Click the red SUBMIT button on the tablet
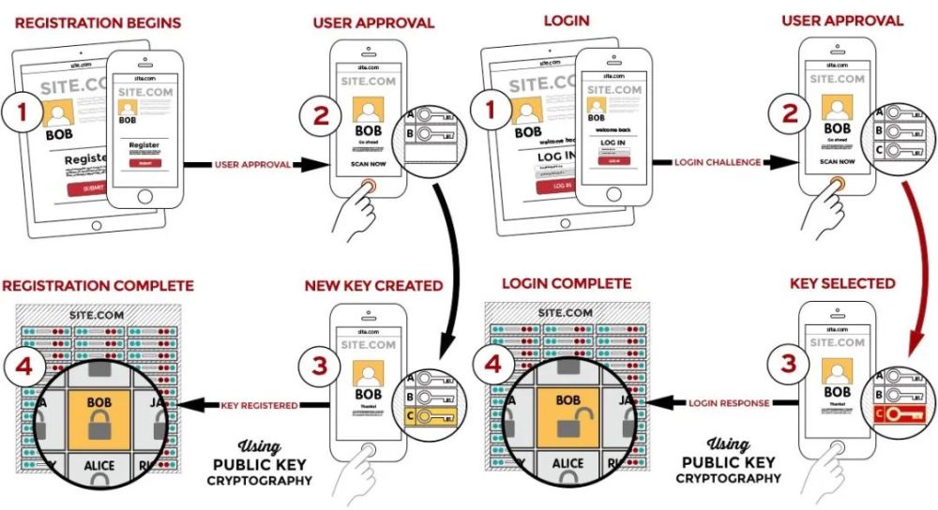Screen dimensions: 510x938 pyautogui.click(x=93, y=188)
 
